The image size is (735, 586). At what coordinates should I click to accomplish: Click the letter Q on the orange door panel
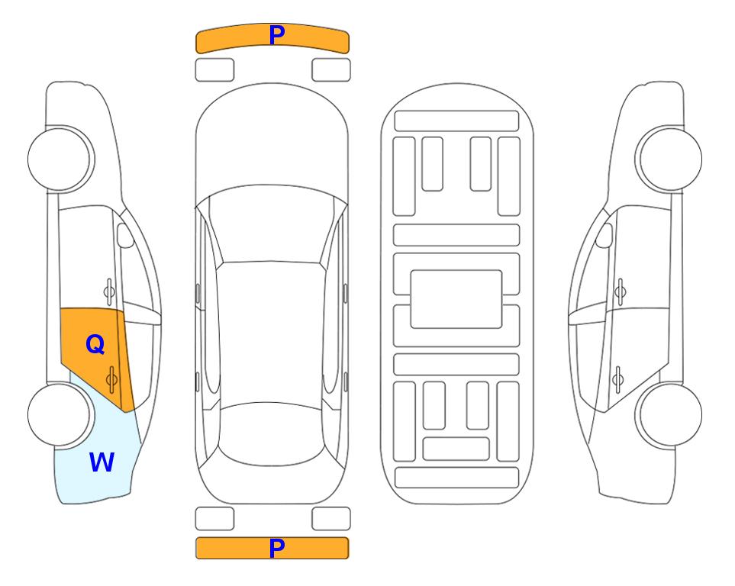point(95,344)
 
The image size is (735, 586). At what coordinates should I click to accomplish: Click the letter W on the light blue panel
point(102,462)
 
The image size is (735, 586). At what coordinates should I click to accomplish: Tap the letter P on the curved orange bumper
point(277,34)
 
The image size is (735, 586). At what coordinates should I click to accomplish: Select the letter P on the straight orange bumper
point(277,548)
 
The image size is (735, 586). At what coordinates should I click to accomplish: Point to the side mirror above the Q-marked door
point(125,235)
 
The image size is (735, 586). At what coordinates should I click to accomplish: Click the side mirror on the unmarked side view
point(604,235)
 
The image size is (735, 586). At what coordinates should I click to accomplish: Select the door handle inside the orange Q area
point(111,379)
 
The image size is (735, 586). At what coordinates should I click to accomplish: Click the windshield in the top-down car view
point(272,224)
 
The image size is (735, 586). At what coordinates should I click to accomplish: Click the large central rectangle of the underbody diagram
point(456,299)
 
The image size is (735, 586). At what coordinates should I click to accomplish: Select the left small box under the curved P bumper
point(214,70)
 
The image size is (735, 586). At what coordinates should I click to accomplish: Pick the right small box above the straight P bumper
point(331,519)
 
